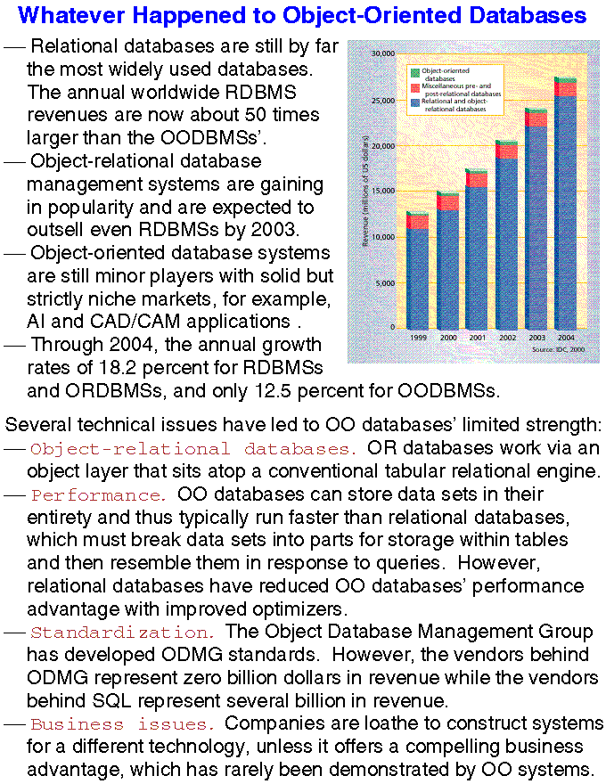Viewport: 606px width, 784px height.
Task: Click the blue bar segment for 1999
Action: pos(416,278)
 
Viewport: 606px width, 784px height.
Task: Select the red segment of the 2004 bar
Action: pos(565,89)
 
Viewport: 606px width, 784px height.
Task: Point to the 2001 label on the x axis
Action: pos(478,339)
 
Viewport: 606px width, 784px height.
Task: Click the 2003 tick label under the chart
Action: pos(536,339)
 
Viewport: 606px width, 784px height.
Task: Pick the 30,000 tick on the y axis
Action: pos(382,53)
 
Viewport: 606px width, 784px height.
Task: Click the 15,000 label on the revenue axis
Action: pos(382,191)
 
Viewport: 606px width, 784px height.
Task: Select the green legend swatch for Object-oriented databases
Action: pos(414,69)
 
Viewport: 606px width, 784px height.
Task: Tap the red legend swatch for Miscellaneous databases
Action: pos(414,87)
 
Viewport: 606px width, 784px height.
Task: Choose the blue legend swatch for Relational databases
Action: pos(414,103)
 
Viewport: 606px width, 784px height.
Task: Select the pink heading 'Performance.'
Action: pos(97,494)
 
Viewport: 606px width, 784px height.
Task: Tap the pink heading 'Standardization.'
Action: pos(122,633)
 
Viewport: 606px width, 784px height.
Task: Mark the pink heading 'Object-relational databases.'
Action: pos(193,448)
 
